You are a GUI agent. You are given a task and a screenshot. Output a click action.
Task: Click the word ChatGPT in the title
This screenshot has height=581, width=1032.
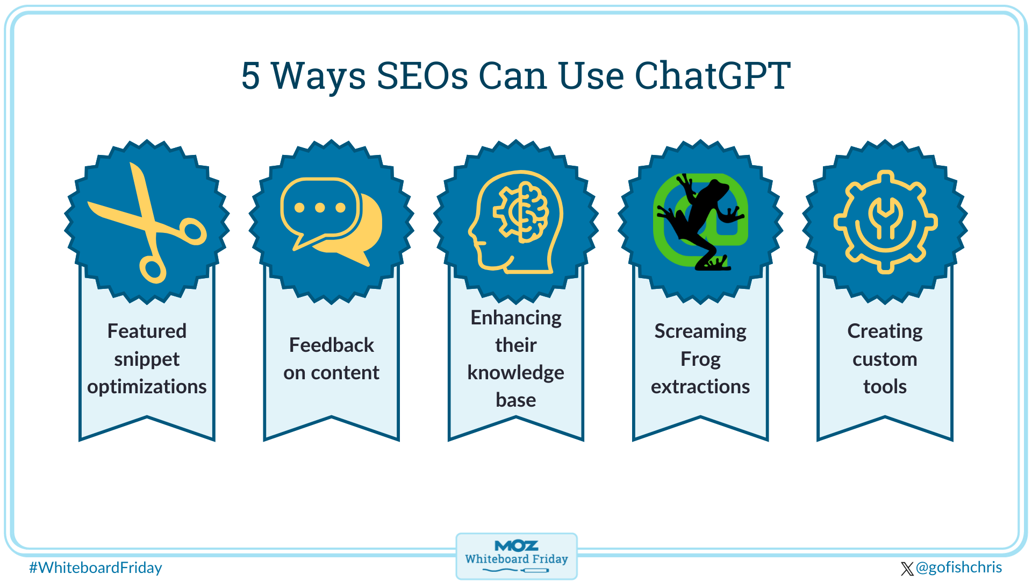[x=712, y=75]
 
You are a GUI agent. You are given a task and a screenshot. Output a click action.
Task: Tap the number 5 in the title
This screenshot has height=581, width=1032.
[x=250, y=76]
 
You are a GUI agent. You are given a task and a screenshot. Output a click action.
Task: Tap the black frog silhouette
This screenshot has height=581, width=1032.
[x=699, y=221]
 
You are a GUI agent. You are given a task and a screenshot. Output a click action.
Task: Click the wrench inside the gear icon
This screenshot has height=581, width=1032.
[x=885, y=218]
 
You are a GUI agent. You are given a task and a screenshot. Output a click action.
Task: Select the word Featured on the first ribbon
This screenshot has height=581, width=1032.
[x=147, y=331]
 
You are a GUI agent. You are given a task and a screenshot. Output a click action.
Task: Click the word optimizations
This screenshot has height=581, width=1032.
[x=147, y=387]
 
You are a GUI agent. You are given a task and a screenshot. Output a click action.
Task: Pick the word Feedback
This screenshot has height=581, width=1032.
[x=331, y=345]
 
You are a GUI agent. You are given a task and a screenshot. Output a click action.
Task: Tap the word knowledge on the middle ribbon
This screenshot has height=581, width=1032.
[x=515, y=372]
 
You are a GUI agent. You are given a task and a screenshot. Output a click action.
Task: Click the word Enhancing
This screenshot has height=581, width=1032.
[x=515, y=317]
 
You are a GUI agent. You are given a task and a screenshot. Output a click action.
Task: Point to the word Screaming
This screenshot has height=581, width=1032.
[x=700, y=331]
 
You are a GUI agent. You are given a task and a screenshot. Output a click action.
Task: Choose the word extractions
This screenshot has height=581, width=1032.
[x=700, y=387]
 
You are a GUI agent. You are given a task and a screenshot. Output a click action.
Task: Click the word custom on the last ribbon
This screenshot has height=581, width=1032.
[x=885, y=359]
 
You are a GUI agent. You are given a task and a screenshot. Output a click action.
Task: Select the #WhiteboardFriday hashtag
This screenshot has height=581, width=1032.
[x=95, y=568]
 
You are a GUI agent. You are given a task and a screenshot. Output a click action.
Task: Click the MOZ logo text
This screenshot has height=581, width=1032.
[x=516, y=546]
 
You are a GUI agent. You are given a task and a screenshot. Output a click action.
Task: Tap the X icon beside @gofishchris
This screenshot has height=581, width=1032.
[x=907, y=569]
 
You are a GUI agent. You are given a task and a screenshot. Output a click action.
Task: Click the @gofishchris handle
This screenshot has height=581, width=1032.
[x=959, y=568]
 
